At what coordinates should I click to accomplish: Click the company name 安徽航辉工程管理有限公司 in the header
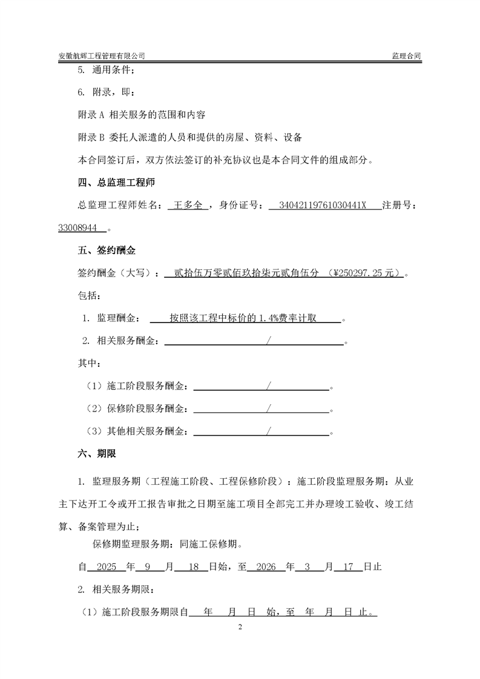pos(101,56)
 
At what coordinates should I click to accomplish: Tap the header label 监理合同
pos(406,56)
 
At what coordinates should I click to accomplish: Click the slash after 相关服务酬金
pos(268,341)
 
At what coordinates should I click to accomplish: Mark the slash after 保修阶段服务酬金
pos(268,409)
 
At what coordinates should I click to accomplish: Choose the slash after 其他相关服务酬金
pos(268,431)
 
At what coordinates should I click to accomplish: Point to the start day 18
pos(194,568)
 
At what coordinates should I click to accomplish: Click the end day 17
pos(348,568)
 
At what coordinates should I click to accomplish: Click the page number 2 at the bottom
pos(240,627)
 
